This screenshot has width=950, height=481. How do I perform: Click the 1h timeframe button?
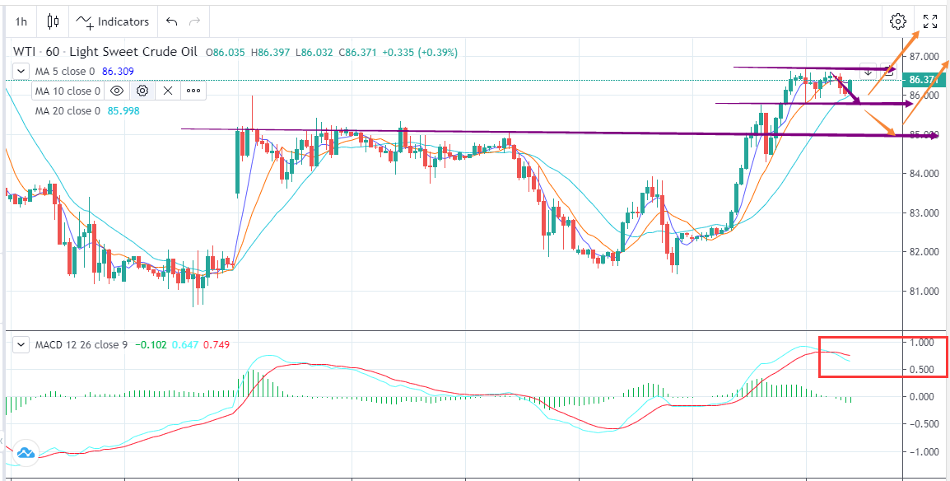pyautogui.click(x=21, y=21)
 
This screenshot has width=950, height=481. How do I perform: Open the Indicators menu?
pyautogui.click(x=114, y=21)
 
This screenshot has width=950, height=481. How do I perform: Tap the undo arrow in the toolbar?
pyautogui.click(x=171, y=21)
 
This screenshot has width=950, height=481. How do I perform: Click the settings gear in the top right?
pyautogui.click(x=898, y=21)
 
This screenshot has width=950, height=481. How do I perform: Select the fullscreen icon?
pyautogui.click(x=930, y=21)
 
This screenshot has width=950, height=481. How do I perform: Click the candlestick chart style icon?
pyautogui.click(x=54, y=21)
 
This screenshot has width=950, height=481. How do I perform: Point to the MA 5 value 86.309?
pyautogui.click(x=118, y=72)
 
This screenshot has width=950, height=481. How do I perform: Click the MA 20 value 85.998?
pyautogui.click(x=123, y=111)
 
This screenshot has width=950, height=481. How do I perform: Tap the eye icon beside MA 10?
pyautogui.click(x=117, y=91)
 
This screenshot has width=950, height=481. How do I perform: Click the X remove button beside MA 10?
pyautogui.click(x=168, y=91)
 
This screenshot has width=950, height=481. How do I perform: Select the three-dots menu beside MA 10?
pyautogui.click(x=193, y=91)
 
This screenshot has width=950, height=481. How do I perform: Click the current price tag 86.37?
pyautogui.click(x=923, y=80)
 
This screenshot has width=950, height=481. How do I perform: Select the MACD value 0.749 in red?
pyautogui.click(x=216, y=344)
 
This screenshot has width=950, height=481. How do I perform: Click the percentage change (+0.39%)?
pyautogui.click(x=437, y=53)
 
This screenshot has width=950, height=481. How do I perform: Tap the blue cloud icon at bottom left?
pyautogui.click(x=25, y=452)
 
